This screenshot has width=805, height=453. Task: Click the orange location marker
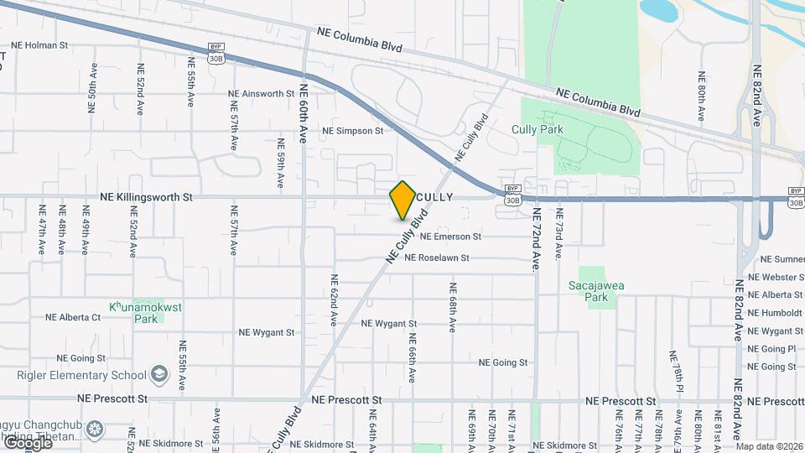[x=402, y=200]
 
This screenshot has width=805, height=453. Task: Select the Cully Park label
[x=538, y=129]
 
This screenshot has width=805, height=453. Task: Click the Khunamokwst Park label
[x=146, y=312]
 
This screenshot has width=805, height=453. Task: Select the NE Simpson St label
[x=352, y=131]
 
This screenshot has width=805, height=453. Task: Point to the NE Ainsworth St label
[x=262, y=94]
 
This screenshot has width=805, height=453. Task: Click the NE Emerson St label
[x=450, y=237]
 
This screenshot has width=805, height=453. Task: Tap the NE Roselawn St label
[x=448, y=258]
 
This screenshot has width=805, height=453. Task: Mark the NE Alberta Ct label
[x=73, y=317]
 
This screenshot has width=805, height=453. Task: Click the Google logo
[x=28, y=442]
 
